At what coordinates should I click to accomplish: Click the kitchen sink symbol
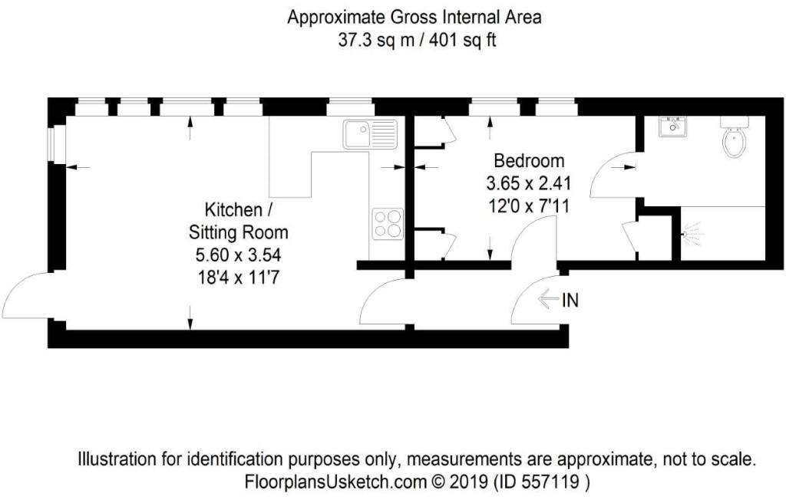coord(370,135)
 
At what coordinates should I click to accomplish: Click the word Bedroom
coord(529,161)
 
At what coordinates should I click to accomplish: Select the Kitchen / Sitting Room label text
coord(235,220)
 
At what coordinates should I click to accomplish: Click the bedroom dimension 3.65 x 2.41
coord(529,184)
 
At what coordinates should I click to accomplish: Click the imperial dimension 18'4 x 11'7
coord(235,277)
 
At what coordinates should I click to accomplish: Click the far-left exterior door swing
coord(27,295)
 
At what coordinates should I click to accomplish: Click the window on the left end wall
coord(51,145)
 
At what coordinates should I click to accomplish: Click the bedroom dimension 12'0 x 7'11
coord(529,205)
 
